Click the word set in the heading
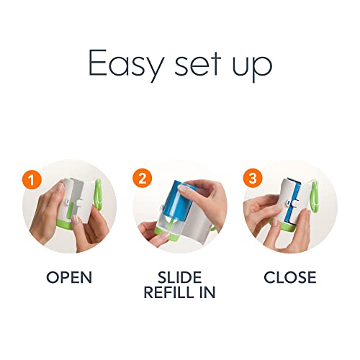[x=197, y=63]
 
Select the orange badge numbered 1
[x=32, y=179]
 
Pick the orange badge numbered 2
[x=142, y=179]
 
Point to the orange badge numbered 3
[x=253, y=178]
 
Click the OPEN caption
[x=69, y=277]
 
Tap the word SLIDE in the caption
[x=179, y=277]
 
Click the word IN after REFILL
[x=207, y=292]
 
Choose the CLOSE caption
[x=290, y=277]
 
